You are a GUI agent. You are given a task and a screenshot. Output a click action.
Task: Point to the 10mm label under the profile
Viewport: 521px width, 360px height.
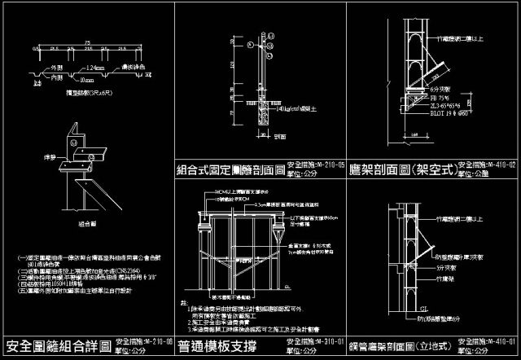click(87, 80)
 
